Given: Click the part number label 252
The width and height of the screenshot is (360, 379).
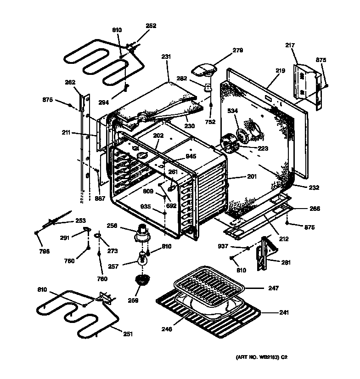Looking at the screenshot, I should (x=151, y=26).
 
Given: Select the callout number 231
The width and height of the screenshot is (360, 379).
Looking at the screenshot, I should (x=166, y=57).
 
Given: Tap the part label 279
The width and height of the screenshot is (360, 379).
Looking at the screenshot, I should (x=237, y=50).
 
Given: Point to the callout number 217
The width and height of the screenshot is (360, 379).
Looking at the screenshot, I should (x=290, y=45).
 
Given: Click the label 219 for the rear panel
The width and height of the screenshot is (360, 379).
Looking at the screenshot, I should (x=280, y=71).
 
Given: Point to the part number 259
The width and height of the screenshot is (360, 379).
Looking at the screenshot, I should (x=134, y=300).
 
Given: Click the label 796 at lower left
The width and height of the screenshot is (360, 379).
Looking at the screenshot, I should (x=44, y=251).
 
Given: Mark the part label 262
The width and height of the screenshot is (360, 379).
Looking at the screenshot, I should (x=70, y=83).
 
